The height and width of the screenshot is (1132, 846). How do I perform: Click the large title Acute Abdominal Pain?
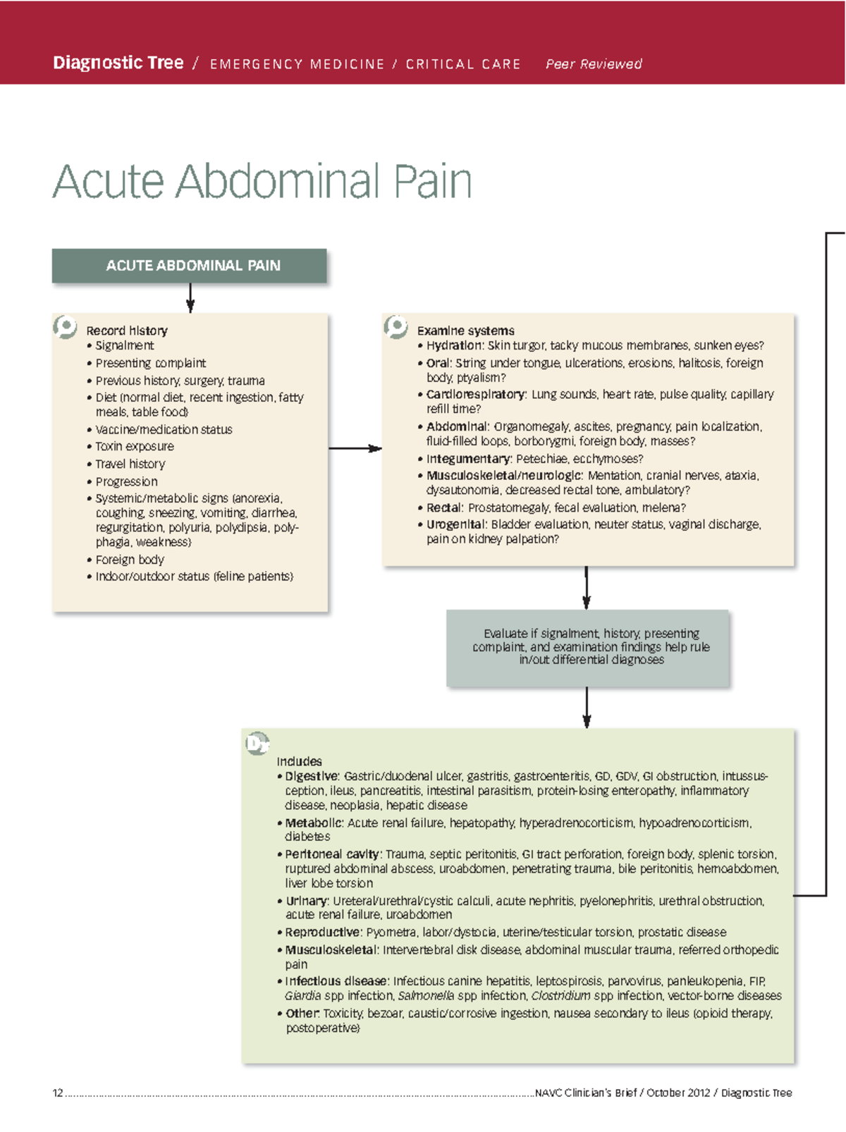262,181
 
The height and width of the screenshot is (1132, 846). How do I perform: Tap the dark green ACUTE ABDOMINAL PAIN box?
189,266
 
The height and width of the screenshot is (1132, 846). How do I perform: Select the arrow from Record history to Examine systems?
355,448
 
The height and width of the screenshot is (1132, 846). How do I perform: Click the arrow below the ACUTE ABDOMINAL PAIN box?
190,297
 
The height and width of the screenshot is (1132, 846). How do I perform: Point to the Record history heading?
127,331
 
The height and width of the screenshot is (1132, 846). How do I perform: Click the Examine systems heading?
465,331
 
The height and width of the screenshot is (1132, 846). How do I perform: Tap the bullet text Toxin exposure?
135,447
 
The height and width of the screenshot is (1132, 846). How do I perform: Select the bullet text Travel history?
130,465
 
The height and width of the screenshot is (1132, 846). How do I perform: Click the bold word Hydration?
454,345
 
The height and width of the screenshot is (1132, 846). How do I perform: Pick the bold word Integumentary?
467,459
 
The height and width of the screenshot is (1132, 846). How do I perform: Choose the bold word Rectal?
444,507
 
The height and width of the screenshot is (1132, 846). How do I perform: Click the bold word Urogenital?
455,524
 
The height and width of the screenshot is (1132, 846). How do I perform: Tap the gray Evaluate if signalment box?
587,647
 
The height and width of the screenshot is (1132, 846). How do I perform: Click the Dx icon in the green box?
257,744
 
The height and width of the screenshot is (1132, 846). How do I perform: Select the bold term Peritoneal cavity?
332,854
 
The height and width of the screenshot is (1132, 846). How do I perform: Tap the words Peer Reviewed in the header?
594,64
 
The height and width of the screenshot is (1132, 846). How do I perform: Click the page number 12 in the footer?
58,1093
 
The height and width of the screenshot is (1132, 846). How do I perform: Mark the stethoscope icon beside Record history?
65,326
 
